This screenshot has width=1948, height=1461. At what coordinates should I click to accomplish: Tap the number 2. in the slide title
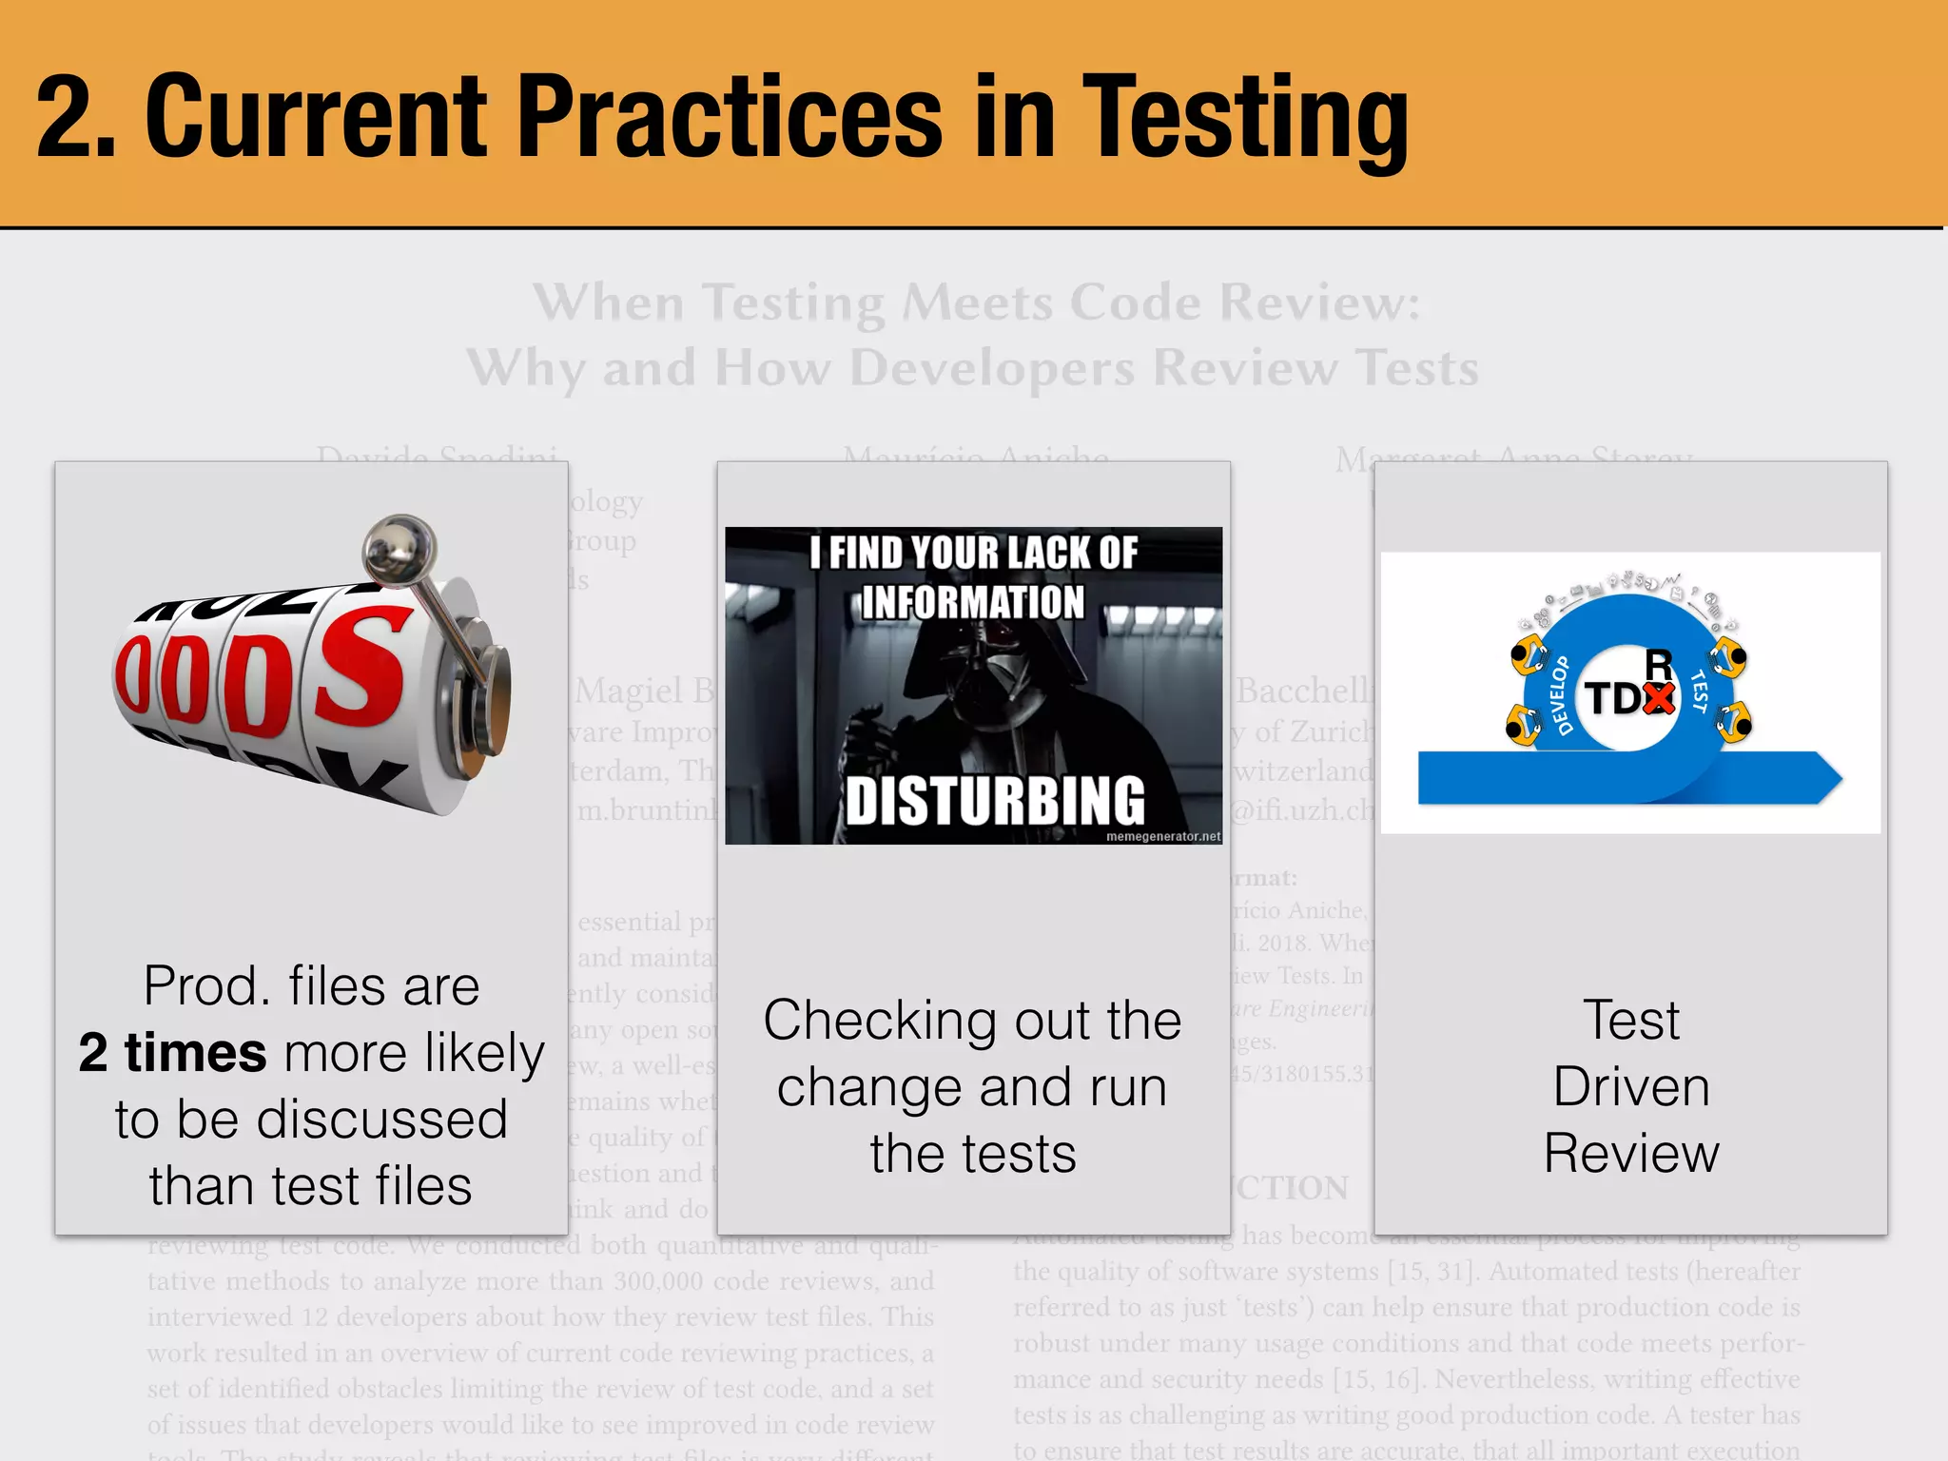pyautogui.click(x=76, y=119)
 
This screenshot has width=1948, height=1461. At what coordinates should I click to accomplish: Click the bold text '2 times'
pyautogui.click(x=172, y=1053)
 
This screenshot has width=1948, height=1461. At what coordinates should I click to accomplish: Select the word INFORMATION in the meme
pyautogui.click(x=972, y=603)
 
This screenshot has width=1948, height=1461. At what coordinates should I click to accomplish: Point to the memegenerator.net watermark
pyautogui.click(x=1162, y=837)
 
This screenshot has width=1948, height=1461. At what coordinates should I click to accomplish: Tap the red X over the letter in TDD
pyautogui.click(x=1658, y=698)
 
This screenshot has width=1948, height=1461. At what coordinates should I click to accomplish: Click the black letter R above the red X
pyautogui.click(x=1658, y=664)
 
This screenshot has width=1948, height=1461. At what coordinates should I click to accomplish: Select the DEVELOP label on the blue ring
pyautogui.click(x=1561, y=695)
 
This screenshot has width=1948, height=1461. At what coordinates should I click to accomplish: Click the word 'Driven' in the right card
pyautogui.click(x=1631, y=1087)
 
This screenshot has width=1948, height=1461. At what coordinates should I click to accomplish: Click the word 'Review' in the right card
pyautogui.click(x=1631, y=1154)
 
